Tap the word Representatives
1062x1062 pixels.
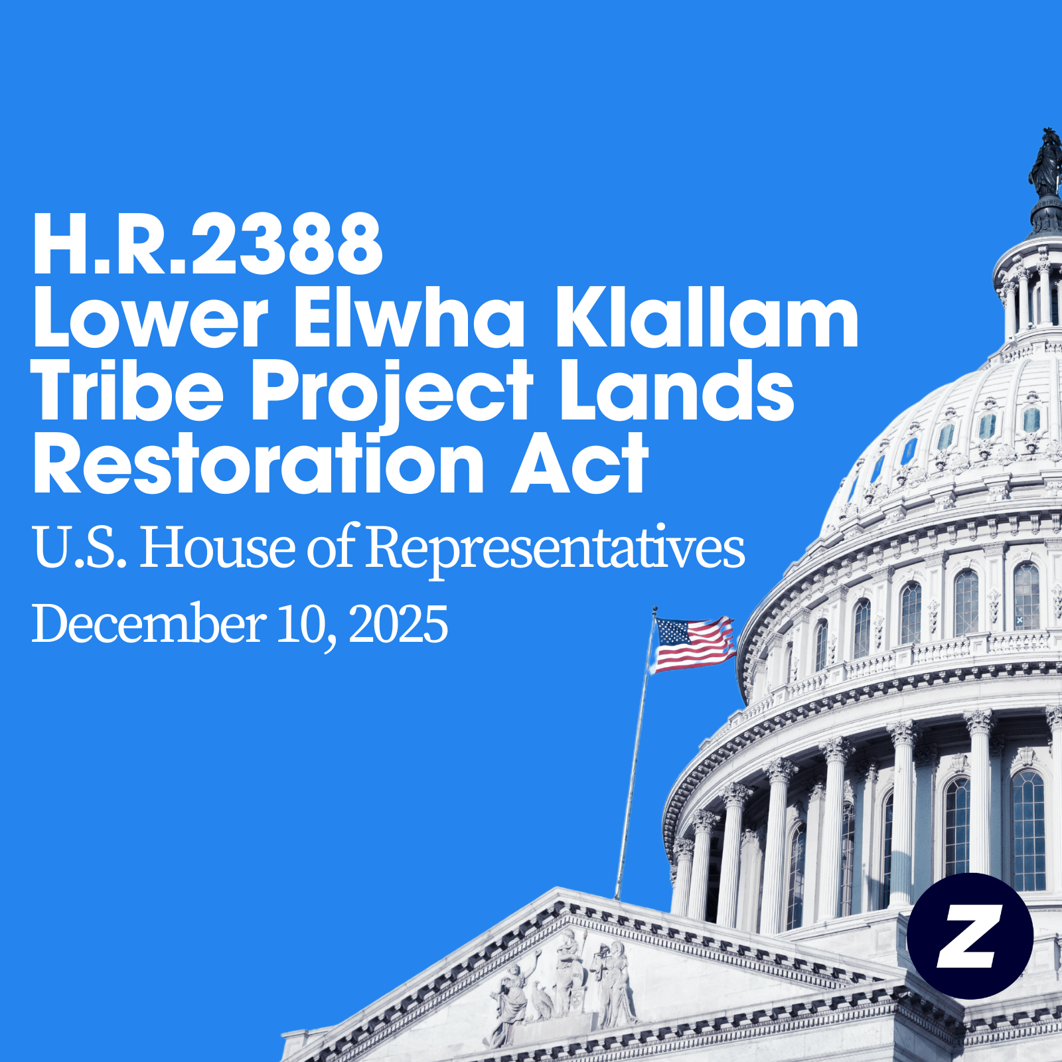coord(555,548)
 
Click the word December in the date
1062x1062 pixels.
coord(149,624)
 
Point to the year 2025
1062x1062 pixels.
coord(398,624)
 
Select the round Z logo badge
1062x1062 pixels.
coord(970,936)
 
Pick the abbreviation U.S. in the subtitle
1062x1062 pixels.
coord(80,548)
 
